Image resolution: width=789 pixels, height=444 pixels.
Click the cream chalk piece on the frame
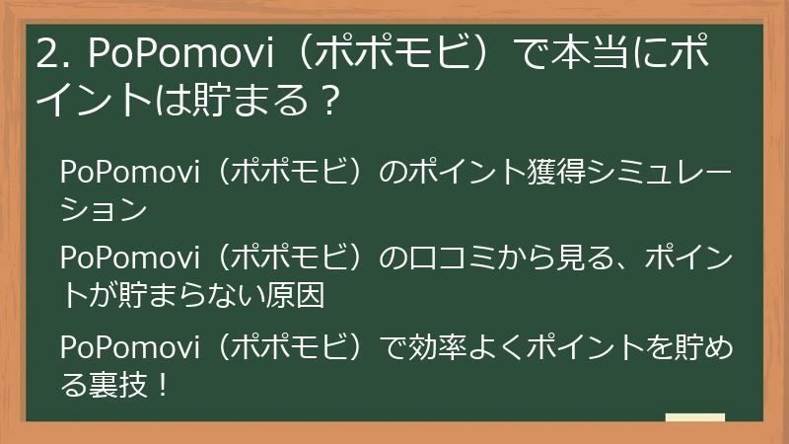pyautogui.click(x=695, y=418)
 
